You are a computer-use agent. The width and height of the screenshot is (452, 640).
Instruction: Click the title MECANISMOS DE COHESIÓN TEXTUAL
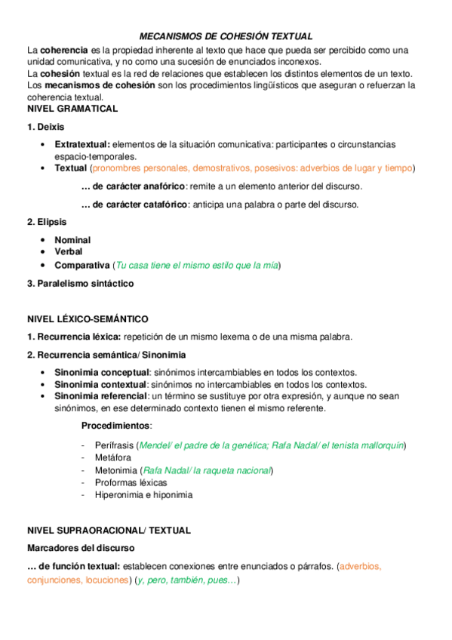[226, 36]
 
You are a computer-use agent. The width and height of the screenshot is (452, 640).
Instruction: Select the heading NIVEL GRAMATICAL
[72, 109]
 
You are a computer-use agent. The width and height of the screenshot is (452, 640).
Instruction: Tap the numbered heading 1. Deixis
[45, 127]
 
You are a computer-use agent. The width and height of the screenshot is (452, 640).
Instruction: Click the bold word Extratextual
[82, 144]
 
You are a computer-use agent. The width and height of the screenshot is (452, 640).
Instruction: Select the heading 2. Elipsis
[47, 222]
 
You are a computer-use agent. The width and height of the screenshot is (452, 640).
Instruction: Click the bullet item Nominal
[72, 240]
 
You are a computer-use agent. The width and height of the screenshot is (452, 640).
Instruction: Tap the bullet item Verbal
[69, 251]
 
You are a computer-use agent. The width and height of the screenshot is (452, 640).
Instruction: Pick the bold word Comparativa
[82, 266]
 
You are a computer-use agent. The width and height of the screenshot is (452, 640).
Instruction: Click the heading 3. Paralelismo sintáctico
[80, 284]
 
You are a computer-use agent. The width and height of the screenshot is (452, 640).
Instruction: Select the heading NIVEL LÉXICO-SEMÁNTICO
[88, 319]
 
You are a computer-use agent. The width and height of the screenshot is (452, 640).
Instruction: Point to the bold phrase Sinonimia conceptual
[102, 373]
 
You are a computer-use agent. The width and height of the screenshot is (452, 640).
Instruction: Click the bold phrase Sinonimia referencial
[102, 396]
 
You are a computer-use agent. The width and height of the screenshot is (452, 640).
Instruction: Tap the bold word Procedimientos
[116, 426]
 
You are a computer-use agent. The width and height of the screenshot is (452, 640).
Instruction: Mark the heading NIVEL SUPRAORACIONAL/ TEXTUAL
[109, 531]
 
